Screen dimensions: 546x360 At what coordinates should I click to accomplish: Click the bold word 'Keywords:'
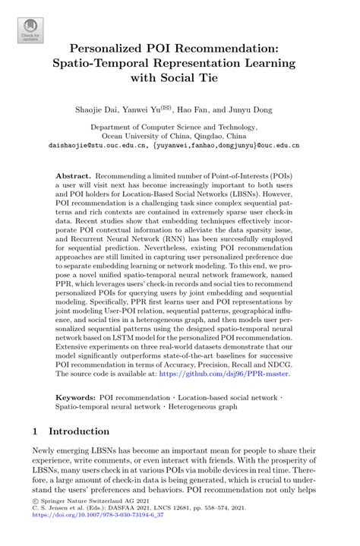76,397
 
